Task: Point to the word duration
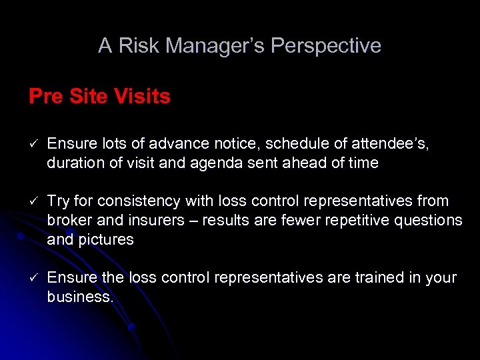(74, 163)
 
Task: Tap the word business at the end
(79, 296)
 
